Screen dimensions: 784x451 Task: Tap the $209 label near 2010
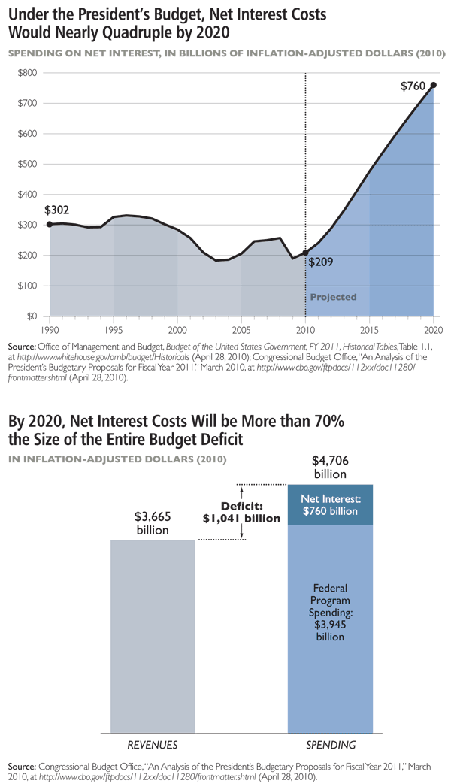[x=321, y=262]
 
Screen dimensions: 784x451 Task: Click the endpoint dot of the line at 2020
[x=433, y=85]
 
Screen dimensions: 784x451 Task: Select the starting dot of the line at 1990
[x=50, y=224]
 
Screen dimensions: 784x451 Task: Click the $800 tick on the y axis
[x=29, y=73]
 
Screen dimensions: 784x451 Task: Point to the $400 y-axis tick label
[x=29, y=195]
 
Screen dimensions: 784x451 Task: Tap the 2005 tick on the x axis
[x=241, y=329]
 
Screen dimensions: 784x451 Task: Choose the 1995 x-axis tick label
[x=114, y=329]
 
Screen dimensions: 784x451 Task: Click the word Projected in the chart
[x=334, y=297]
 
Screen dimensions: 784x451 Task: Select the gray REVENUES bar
[x=153, y=635]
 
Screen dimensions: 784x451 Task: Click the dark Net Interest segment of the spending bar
[x=331, y=504]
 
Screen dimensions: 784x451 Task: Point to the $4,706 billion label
[x=330, y=467]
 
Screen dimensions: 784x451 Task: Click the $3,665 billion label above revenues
[x=152, y=523]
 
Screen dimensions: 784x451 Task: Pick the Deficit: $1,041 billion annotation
[x=241, y=512]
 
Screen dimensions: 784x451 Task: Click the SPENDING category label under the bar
[x=330, y=744]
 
